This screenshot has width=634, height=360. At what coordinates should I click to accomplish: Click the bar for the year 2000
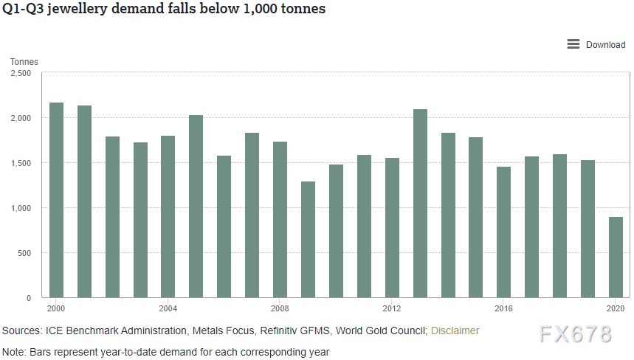point(56,200)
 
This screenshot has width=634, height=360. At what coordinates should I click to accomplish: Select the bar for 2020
point(616,257)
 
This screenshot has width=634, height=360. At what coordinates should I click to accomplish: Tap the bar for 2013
point(420,204)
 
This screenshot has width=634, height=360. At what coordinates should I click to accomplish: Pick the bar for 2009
point(308,240)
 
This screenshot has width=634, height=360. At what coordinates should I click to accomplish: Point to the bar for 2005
point(196,207)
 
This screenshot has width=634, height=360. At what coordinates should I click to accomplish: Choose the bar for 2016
point(503,232)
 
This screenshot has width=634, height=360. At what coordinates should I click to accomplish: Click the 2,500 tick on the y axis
point(21,74)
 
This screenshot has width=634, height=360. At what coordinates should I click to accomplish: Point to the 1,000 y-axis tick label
point(21,208)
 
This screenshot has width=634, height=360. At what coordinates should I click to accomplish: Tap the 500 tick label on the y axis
point(24,253)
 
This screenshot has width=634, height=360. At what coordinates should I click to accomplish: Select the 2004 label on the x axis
point(168,308)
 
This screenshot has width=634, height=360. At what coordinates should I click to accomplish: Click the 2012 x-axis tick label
point(392,308)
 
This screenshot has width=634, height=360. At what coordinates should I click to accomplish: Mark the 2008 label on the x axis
point(280,308)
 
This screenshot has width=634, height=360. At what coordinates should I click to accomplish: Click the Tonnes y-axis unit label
point(24,62)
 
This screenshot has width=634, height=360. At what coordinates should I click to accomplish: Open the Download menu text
point(605,45)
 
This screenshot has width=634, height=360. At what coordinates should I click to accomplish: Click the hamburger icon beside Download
point(573,44)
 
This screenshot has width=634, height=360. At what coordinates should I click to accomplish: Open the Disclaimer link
point(455,330)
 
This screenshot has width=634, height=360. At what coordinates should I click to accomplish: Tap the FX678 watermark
point(575,334)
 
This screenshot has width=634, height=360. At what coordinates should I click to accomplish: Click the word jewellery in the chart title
point(77,10)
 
